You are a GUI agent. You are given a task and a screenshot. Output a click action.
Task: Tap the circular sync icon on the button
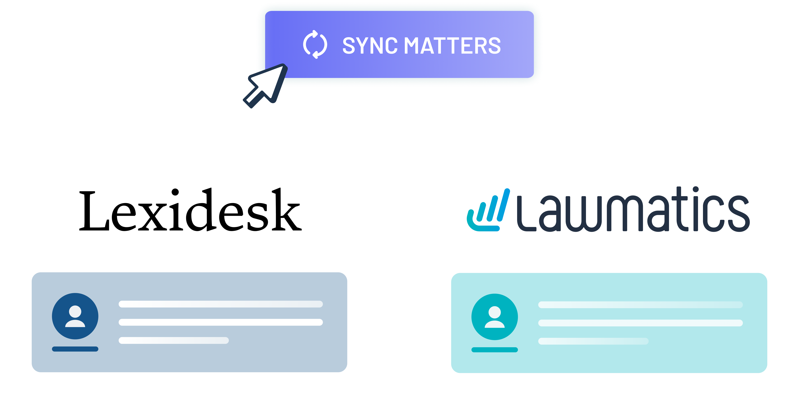tap(315, 44)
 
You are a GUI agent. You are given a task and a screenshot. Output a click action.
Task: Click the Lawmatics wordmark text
tap(633, 211)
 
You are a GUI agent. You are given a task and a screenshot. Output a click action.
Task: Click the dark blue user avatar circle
tap(75, 316)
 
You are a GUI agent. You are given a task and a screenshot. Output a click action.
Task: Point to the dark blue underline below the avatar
tap(75, 349)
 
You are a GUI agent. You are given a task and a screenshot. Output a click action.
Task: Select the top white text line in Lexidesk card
tap(221, 304)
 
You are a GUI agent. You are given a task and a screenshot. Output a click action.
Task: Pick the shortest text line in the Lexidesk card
tap(174, 340)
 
